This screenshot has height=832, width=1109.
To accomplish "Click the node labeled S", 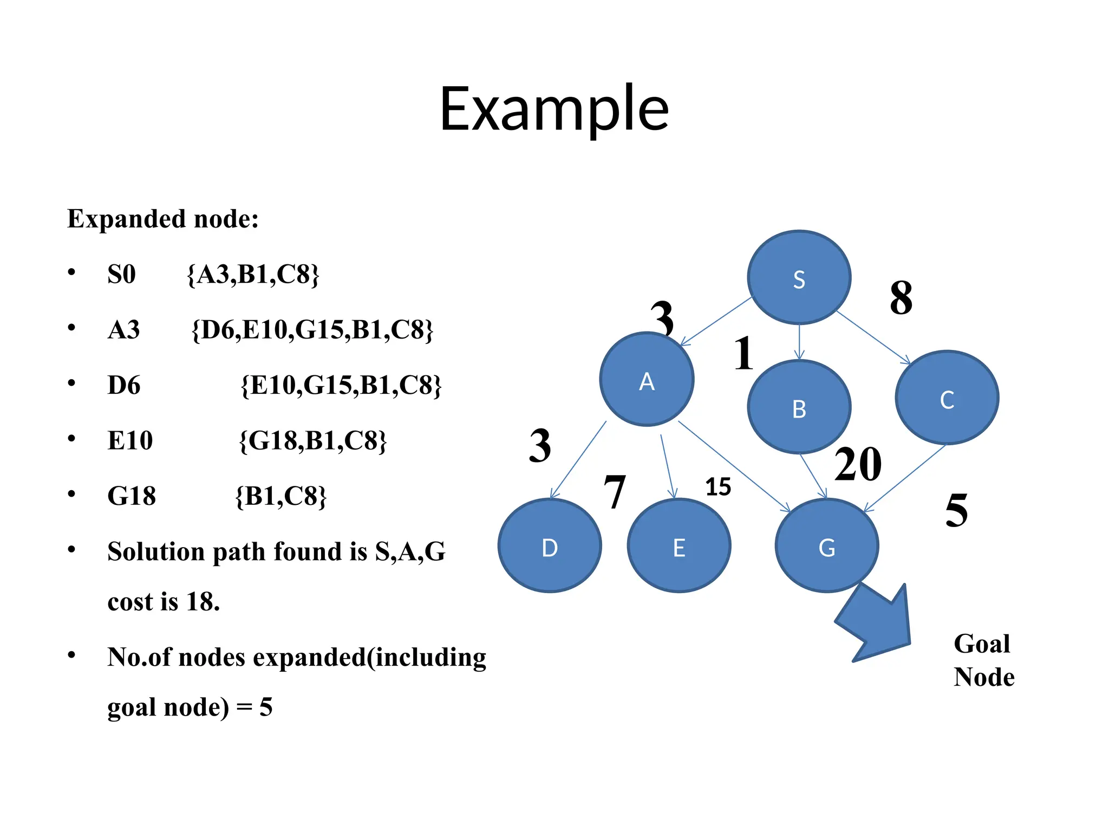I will point(799,277).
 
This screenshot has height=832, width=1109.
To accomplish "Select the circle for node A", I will point(647,379).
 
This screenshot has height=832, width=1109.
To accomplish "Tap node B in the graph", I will point(799,407).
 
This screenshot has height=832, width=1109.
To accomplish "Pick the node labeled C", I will point(947,398).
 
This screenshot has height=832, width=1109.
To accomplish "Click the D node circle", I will point(550,545).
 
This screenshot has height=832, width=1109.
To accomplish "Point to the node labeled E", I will point(679,545).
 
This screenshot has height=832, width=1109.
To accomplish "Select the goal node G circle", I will point(826,545).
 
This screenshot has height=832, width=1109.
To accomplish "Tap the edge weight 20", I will point(858,464).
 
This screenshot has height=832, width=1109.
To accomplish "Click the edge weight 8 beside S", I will point(901,298).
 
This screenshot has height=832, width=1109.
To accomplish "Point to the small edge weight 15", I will point(718,487).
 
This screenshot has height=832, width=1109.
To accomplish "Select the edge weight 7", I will point(615,492).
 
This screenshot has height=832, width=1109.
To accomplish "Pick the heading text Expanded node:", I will point(163,219).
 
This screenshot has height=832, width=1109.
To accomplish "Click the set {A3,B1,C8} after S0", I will point(253,275).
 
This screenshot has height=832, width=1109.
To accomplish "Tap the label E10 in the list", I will point(130,440).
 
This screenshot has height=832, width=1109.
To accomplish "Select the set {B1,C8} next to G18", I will point(281,496).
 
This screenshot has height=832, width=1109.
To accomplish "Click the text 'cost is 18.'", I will point(164,601).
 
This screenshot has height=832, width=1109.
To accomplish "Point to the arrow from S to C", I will point(873,337).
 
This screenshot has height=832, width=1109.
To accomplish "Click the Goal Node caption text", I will point(983,660).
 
